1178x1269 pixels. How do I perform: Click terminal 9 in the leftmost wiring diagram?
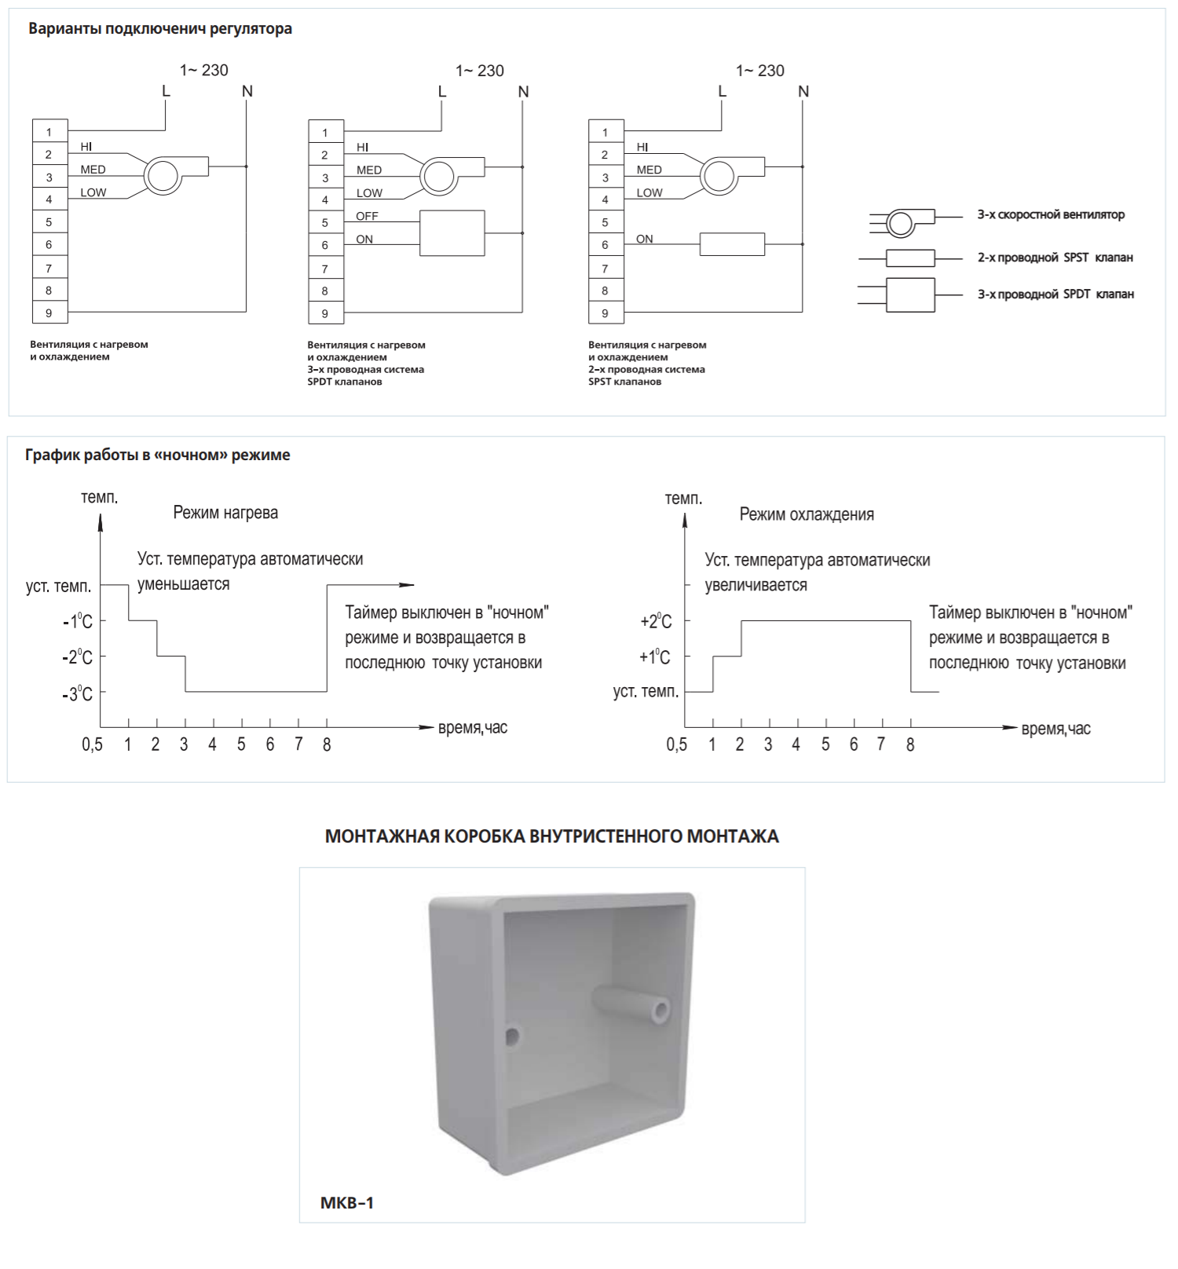point(49,313)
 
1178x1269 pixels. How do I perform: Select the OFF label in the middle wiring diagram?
point(367,216)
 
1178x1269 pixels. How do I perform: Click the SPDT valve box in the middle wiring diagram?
point(452,233)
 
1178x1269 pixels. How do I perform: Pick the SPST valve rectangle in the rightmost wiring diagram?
point(732,244)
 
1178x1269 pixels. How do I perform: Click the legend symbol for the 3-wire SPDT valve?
point(910,295)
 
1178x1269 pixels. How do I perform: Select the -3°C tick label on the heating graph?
point(78,693)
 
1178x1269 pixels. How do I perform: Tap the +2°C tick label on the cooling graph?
point(657,621)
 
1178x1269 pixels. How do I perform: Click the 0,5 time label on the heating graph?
point(93,744)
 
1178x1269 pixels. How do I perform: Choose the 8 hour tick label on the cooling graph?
point(910,744)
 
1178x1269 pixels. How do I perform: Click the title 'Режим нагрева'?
point(225,513)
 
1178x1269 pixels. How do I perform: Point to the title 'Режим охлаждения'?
point(807,514)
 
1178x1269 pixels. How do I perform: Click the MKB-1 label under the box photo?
point(347,1202)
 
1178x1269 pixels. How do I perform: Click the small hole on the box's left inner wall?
point(512,1037)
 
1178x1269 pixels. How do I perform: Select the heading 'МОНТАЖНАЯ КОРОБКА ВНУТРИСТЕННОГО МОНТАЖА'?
point(552,836)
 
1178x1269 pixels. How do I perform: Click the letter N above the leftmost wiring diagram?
point(247,91)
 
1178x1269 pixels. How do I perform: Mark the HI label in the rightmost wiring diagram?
point(642,147)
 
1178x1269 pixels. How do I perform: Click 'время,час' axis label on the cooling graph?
point(1055,729)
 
